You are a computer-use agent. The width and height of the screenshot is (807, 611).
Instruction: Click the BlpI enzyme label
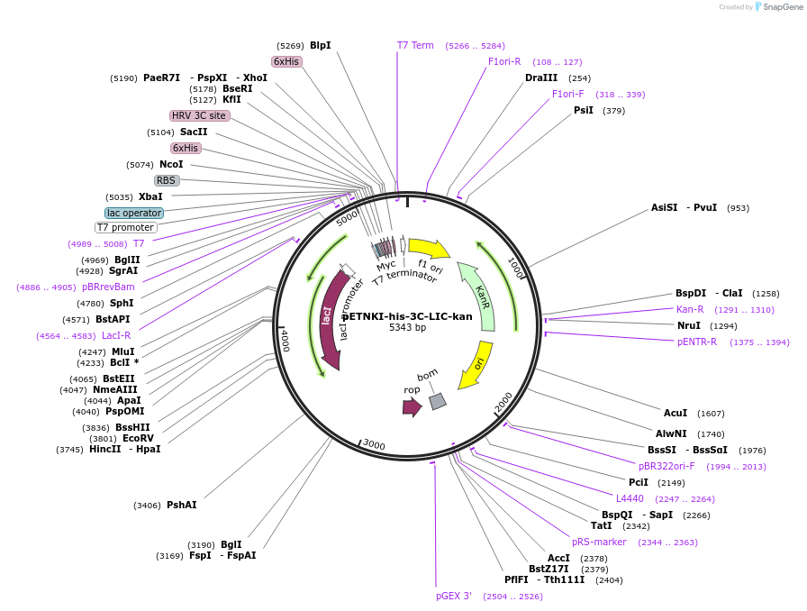tap(320, 45)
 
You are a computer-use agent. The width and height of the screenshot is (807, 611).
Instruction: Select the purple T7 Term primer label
tap(415, 45)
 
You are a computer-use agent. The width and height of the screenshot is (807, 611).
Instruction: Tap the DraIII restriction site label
tap(541, 78)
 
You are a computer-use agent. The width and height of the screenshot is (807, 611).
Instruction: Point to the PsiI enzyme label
tap(584, 110)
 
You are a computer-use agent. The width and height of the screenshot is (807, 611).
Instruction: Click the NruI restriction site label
tap(689, 325)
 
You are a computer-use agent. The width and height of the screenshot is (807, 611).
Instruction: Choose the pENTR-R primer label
tap(697, 342)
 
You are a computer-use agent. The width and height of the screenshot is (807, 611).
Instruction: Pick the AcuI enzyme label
tap(676, 413)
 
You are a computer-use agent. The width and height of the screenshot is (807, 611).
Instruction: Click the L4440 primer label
tap(630, 498)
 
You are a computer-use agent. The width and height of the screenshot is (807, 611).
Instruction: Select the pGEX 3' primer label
tap(454, 596)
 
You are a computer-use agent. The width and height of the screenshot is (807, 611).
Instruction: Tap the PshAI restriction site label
tap(181, 505)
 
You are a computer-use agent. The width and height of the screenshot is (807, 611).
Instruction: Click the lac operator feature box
tap(134, 214)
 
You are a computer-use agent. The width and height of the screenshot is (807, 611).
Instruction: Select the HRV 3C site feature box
tap(199, 115)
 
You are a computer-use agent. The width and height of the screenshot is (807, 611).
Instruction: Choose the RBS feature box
tap(167, 180)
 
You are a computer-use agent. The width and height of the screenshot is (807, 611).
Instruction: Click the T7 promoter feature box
tap(126, 227)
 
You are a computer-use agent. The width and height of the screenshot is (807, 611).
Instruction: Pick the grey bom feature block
tap(438, 401)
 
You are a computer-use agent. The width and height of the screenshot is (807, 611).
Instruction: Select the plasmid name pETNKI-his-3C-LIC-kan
tap(407, 316)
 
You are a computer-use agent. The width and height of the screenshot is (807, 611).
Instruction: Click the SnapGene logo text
tap(780, 7)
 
